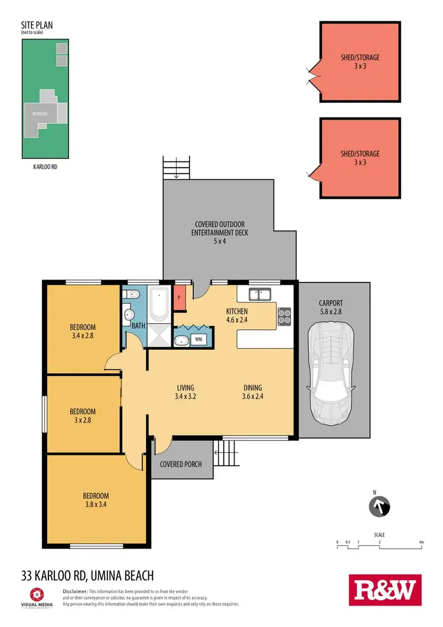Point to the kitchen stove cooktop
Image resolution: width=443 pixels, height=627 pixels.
284,317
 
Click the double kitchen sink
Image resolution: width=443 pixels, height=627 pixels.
260,294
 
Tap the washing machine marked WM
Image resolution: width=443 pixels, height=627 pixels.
198,340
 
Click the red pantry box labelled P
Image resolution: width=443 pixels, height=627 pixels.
180,297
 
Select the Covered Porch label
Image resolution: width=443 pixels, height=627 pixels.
181,464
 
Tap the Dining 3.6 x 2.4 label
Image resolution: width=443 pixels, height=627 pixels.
253,392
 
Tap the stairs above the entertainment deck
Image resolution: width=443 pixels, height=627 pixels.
177,168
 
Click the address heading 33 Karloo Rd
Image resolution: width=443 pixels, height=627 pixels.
87,575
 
